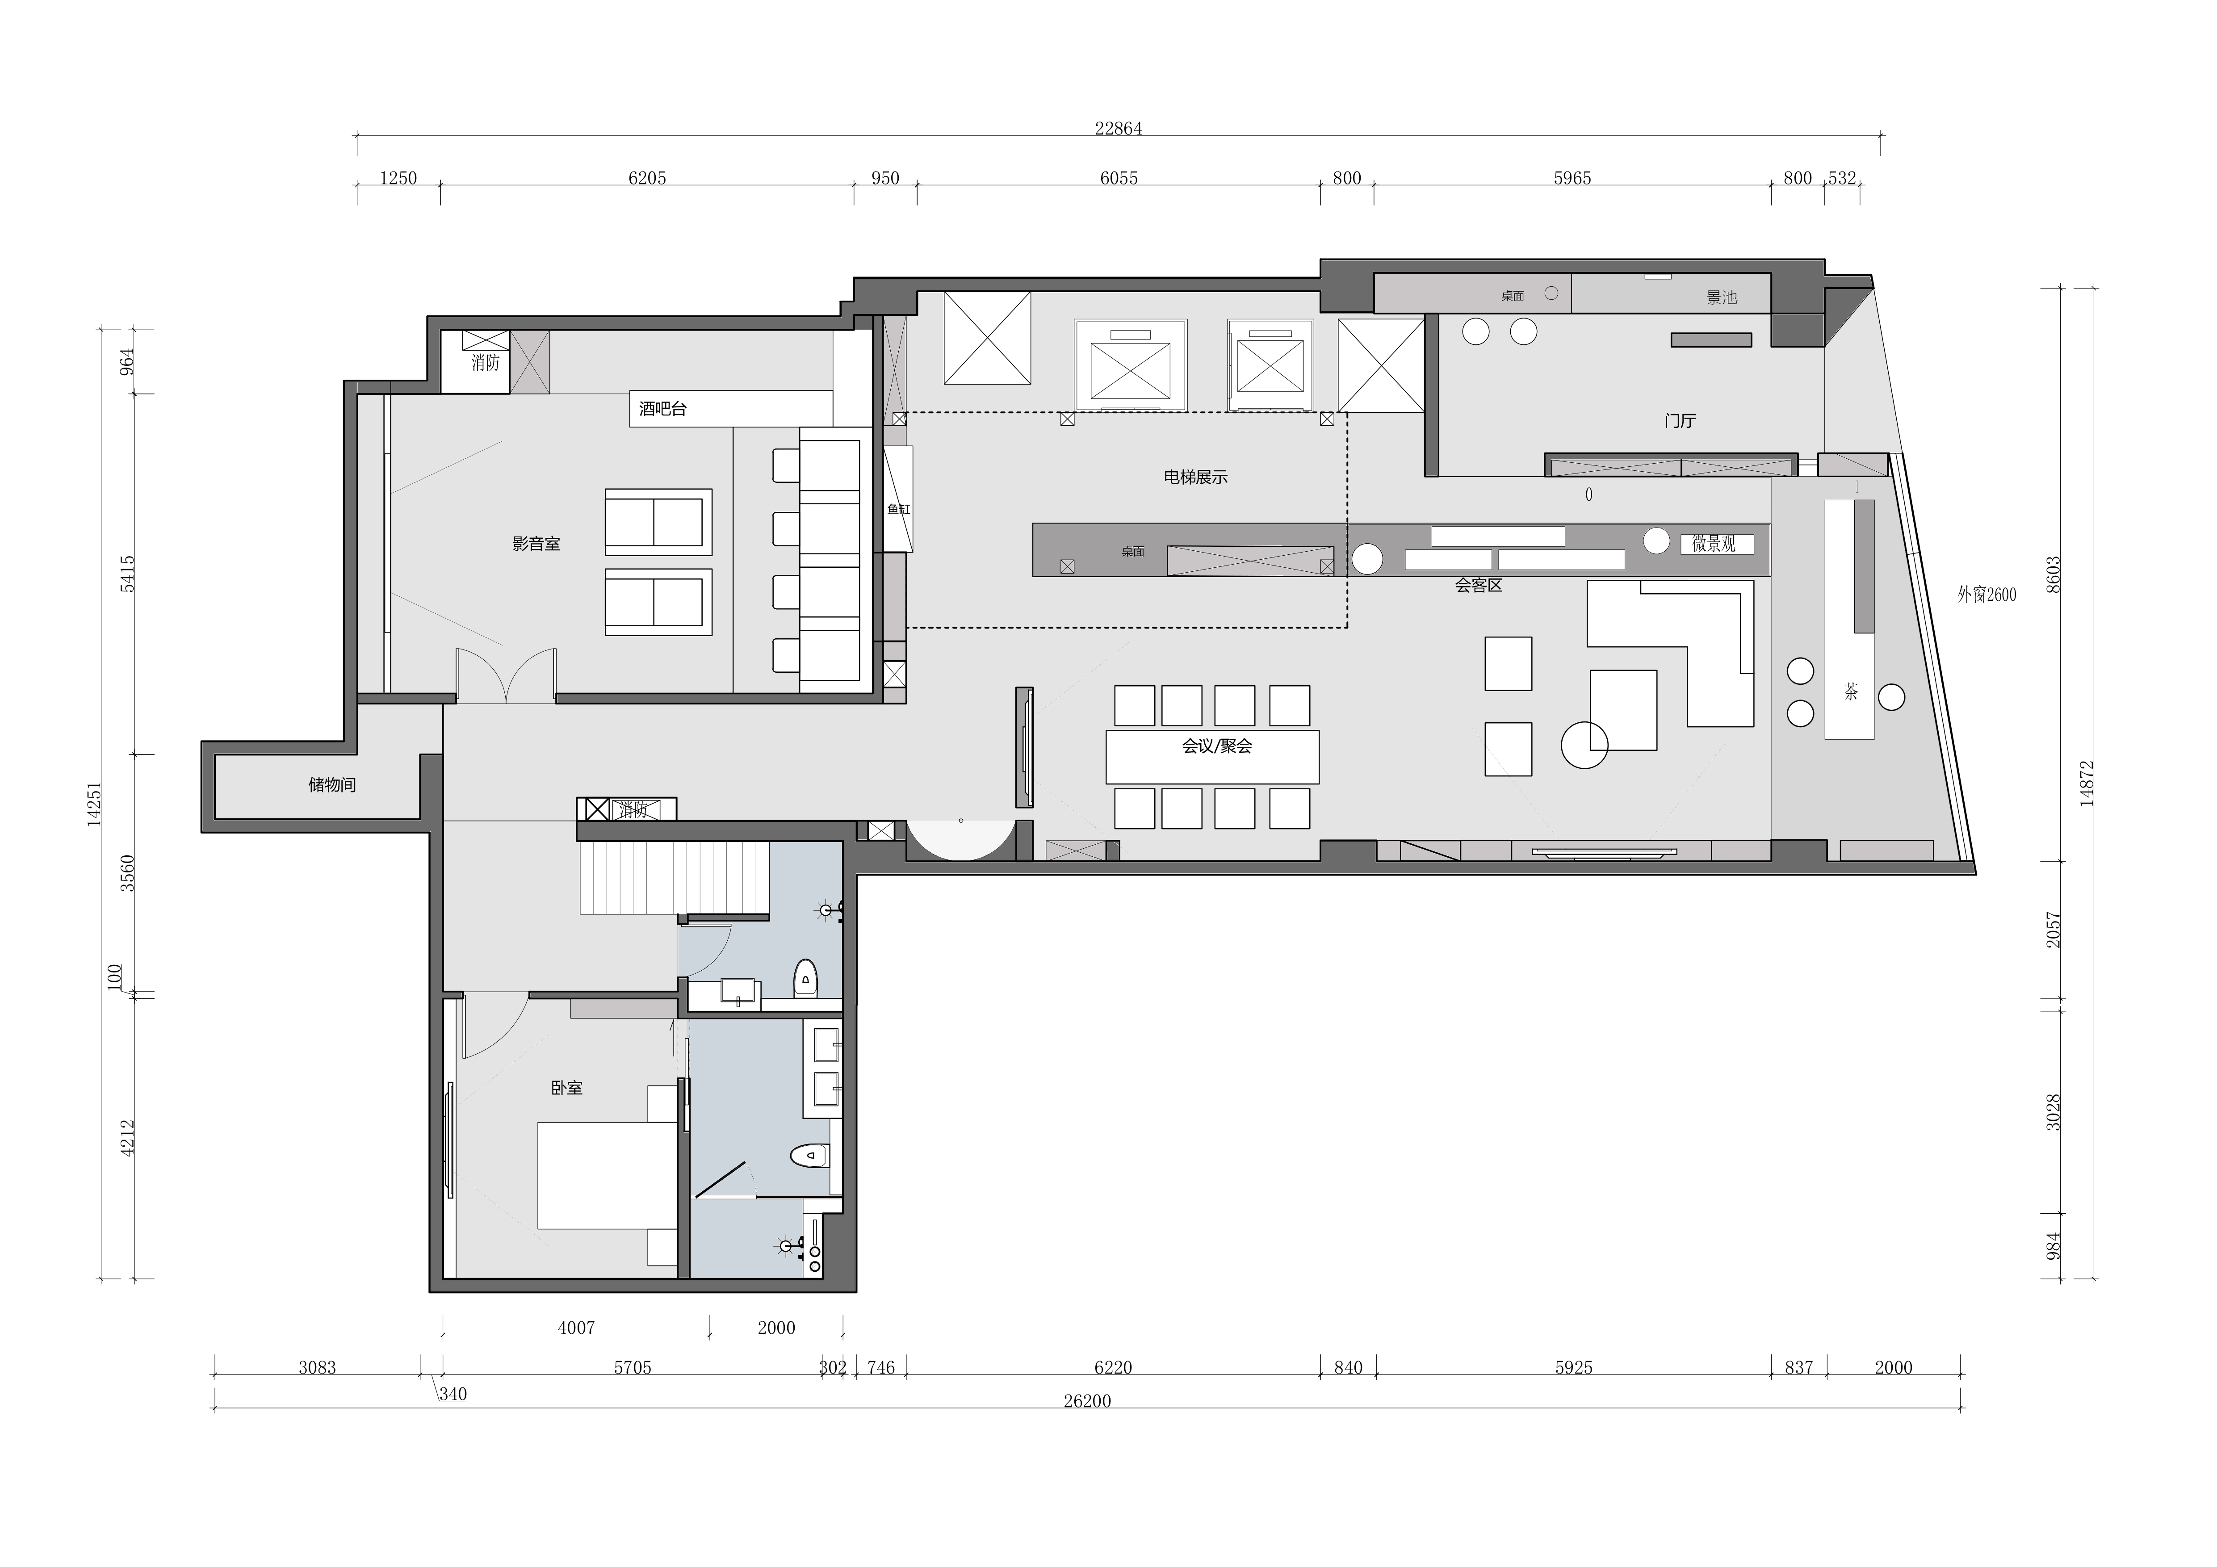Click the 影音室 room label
(536, 544)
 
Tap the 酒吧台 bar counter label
(662, 408)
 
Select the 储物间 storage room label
(332, 785)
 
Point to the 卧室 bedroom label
(567, 1088)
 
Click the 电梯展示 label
(1195, 477)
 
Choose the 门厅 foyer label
(1680, 421)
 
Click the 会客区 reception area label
(1478, 585)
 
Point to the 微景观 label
(1714, 545)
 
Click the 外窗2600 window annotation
(1986, 595)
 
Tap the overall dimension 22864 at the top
(1118, 128)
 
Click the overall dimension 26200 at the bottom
(1087, 1401)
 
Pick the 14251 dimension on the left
(94, 802)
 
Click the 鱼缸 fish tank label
(899, 509)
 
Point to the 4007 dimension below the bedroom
(576, 1328)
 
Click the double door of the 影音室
(507, 673)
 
